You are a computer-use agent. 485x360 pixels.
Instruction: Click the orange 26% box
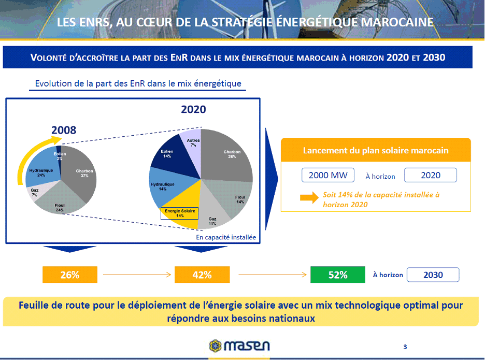point(70,275)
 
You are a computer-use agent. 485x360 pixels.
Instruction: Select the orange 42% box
point(202,275)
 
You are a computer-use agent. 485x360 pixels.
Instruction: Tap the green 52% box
point(338,275)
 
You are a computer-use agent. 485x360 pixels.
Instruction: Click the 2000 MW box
point(328,175)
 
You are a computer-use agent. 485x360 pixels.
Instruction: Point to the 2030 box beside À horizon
point(433,275)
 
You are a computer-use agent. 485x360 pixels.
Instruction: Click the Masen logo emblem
point(215,345)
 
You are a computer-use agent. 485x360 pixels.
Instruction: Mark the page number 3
point(405,347)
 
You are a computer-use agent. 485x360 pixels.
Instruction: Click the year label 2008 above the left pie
point(64,130)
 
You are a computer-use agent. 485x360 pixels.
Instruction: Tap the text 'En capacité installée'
point(226,237)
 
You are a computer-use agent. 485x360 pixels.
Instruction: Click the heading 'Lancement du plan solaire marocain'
point(376,151)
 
